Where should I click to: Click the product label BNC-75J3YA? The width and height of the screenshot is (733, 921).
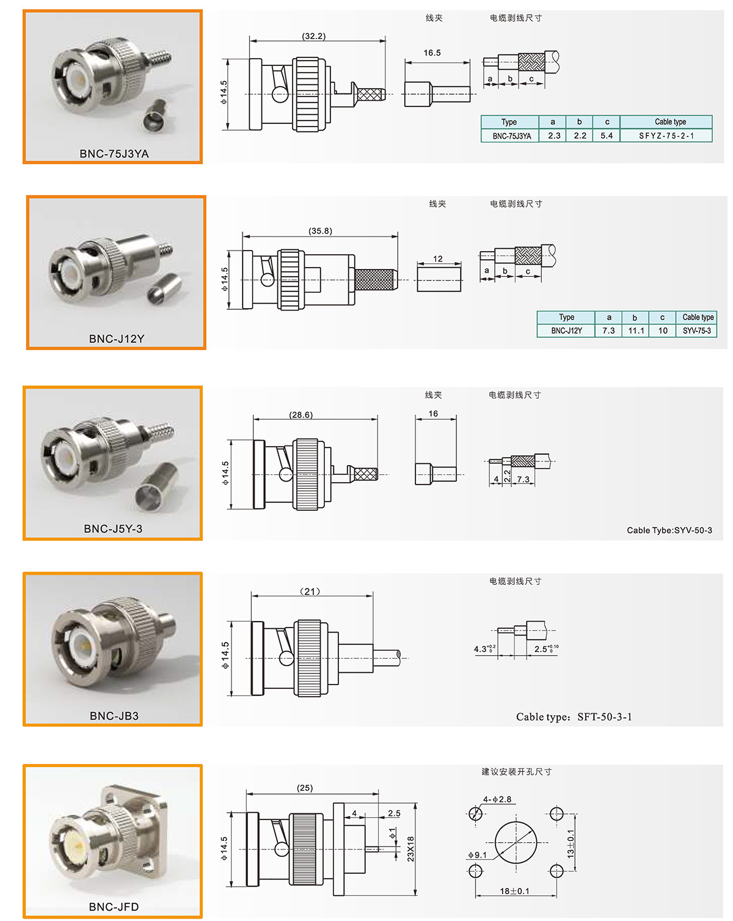click(114, 153)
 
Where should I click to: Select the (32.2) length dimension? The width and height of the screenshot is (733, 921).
click(313, 36)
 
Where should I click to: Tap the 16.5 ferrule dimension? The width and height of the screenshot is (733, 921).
click(432, 53)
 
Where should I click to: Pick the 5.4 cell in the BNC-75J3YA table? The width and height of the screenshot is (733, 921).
click(607, 136)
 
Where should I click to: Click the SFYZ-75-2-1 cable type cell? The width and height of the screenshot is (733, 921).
click(666, 136)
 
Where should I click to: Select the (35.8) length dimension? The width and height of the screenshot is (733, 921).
click(320, 231)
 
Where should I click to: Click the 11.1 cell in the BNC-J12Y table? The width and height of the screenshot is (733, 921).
click(636, 331)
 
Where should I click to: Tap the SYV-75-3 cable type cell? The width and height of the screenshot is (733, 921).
click(696, 331)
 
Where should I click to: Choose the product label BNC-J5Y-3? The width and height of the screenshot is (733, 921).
click(113, 529)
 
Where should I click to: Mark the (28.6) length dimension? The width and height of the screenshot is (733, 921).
click(301, 415)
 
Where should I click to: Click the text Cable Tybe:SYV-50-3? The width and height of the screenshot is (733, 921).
click(669, 530)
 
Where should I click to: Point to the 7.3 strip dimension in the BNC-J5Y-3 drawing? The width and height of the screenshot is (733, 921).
click(523, 479)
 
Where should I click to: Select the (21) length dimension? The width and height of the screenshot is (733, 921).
click(310, 592)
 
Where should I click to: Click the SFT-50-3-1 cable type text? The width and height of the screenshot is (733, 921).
click(604, 717)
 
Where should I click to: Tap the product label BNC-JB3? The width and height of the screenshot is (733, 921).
click(114, 716)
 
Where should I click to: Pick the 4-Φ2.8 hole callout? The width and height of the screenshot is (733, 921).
click(497, 799)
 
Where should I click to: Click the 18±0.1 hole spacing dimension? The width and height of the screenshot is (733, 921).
click(514, 891)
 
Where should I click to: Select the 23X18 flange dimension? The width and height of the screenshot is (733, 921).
click(410, 849)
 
